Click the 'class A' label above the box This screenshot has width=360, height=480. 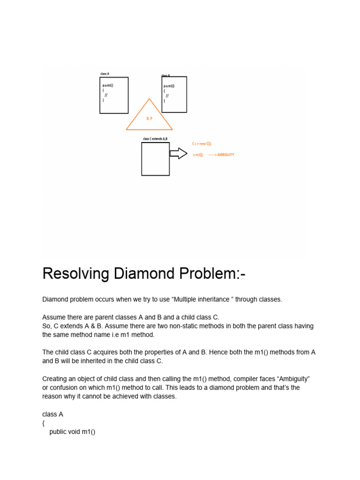105,74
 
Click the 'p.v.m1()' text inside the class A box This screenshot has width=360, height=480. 108,85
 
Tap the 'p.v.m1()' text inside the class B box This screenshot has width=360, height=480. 169,86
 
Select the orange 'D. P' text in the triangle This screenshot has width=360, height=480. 149,119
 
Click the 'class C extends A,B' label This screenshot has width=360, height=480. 155,139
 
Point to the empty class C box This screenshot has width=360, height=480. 155,159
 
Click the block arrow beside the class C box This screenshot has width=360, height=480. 178,153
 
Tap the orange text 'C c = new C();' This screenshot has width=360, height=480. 202,144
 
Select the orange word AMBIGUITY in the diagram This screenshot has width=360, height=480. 225,155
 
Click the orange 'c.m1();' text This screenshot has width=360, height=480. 198,155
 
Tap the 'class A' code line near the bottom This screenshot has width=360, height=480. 52,414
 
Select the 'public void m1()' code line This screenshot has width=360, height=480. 72,432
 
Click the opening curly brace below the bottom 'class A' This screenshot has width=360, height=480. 44,423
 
